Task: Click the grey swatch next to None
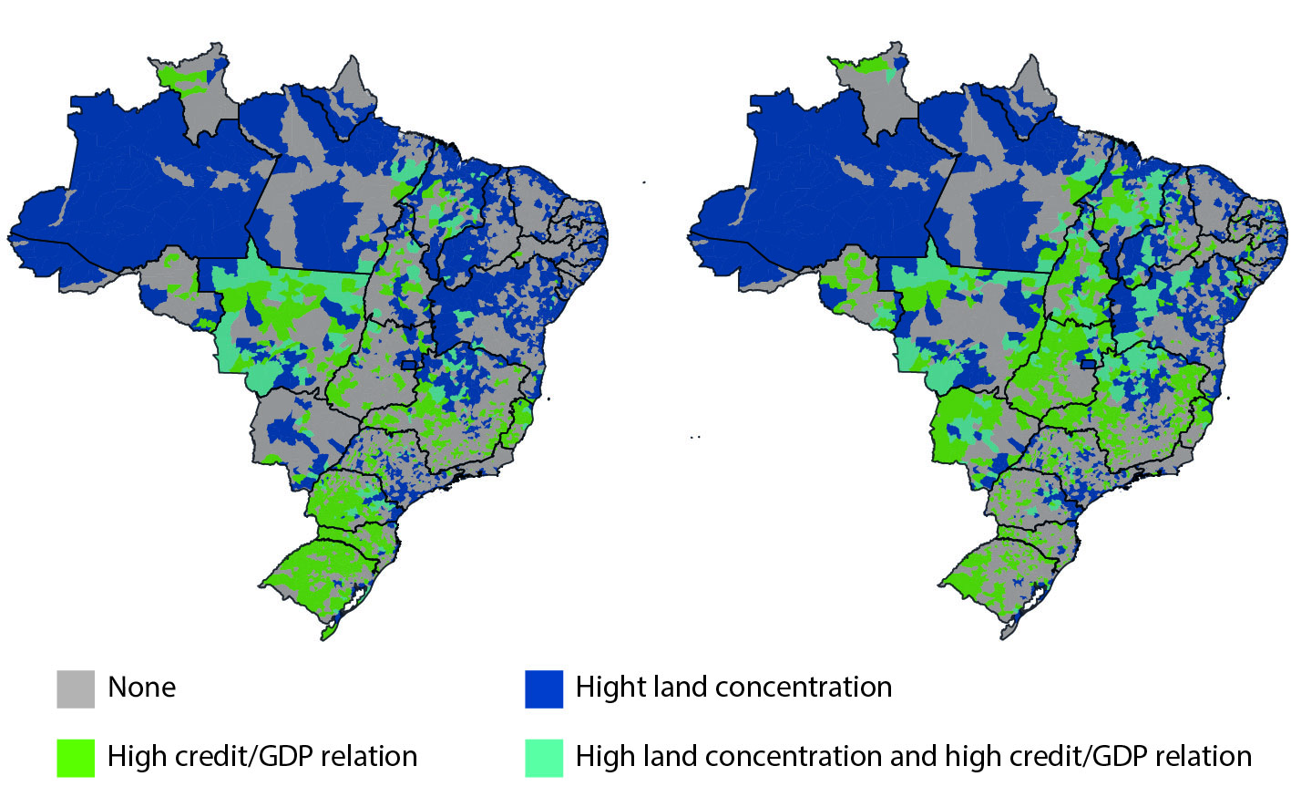[75, 689]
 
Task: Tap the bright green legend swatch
[75, 758]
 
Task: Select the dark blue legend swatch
[543, 689]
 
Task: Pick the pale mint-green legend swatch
[543, 758]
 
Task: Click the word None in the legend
[141, 688]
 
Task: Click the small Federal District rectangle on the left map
[409, 365]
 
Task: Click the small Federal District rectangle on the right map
[1088, 364]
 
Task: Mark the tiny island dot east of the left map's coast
[549, 398]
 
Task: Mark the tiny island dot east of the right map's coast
[1229, 398]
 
